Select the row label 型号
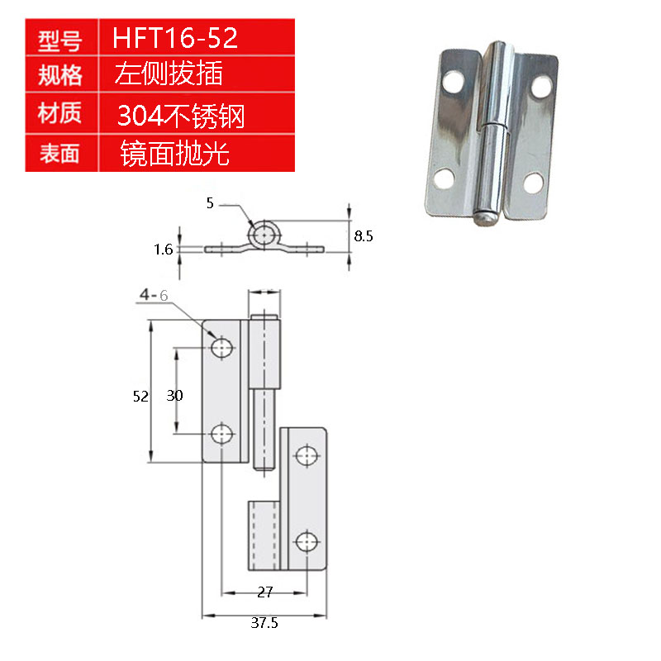[x=60, y=40]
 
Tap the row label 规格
[x=60, y=76]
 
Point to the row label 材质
[x=60, y=113]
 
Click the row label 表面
[x=60, y=152]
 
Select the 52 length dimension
[x=140, y=397]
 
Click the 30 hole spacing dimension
[x=174, y=396]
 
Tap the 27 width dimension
[x=265, y=592]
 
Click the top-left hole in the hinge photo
[x=454, y=83]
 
